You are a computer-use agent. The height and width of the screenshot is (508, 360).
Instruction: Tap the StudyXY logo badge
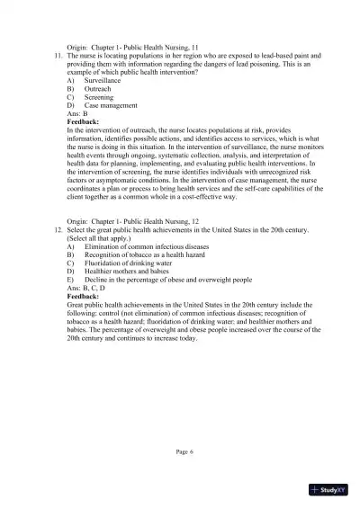coord(328,489)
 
